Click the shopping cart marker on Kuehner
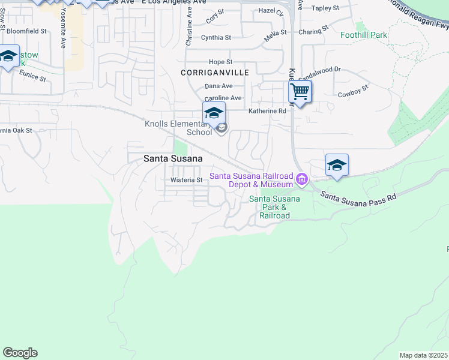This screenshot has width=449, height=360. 300,92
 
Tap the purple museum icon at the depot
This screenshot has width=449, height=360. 302,178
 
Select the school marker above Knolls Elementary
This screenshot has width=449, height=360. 214,113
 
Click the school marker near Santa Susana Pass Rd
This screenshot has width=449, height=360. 337,165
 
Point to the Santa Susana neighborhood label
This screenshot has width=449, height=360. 172,158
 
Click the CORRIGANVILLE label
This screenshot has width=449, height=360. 214,73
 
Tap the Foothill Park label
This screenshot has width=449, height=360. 364,35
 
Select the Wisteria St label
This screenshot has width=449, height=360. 186,180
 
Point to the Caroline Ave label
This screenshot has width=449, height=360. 223,98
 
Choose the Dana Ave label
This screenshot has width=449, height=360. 218,86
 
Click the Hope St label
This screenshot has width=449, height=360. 220,62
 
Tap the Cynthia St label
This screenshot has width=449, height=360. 216,37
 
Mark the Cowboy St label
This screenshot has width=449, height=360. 352,94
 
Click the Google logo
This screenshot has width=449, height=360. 20,353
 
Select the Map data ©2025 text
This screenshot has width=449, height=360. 423,355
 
